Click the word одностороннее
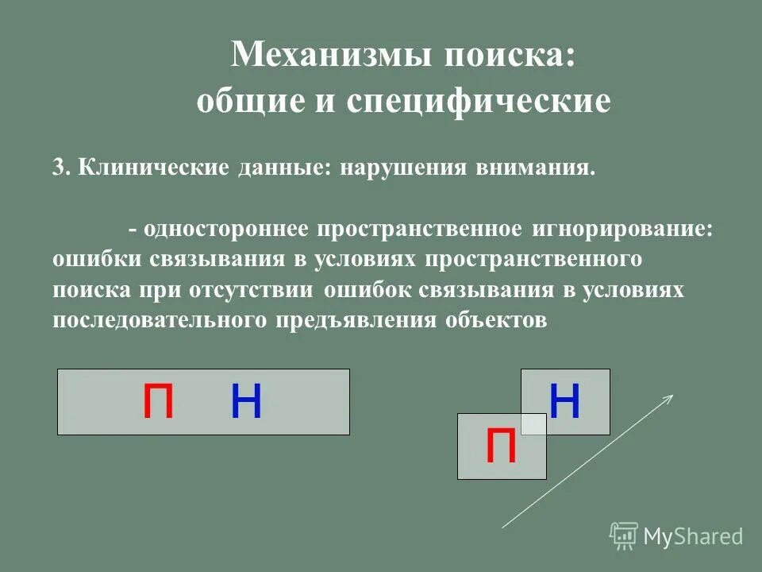[227, 229]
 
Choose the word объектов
[496, 319]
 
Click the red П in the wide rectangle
[158, 402]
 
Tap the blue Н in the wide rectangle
[246, 402]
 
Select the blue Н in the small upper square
[565, 402]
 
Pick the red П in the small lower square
[501, 446]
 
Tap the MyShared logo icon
[624, 535]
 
